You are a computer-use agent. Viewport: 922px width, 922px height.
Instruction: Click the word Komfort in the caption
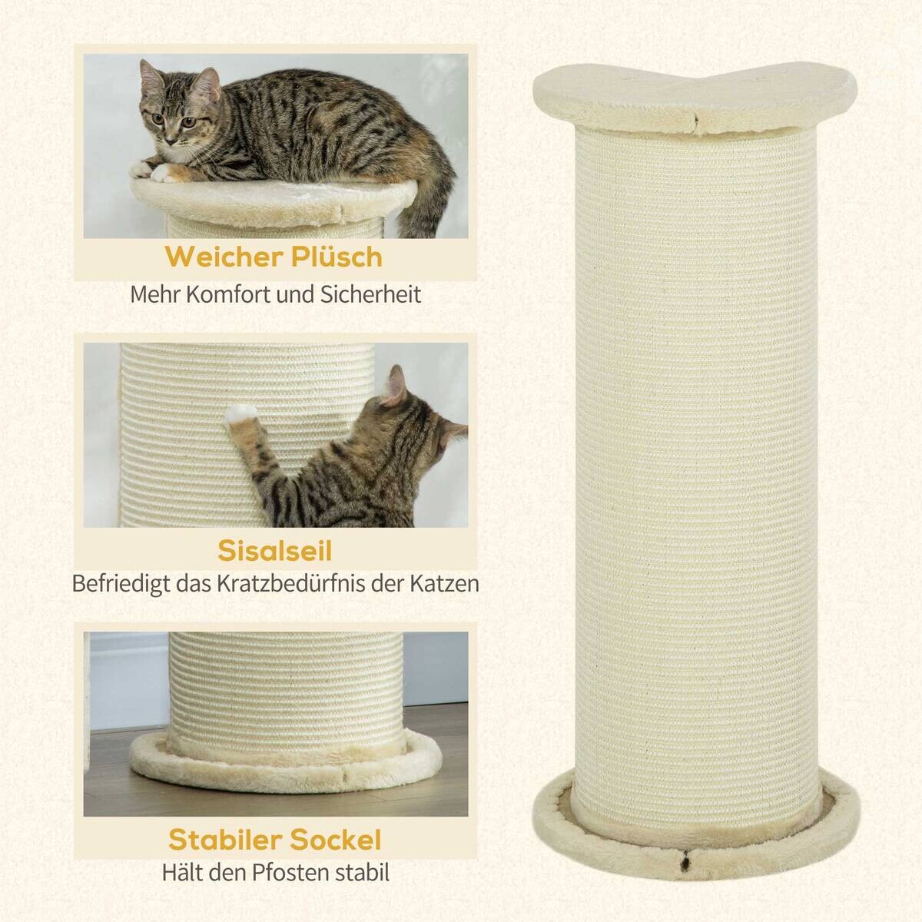pyautogui.click(x=251, y=294)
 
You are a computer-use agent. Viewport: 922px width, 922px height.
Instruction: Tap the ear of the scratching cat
pyautogui.click(x=396, y=384)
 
